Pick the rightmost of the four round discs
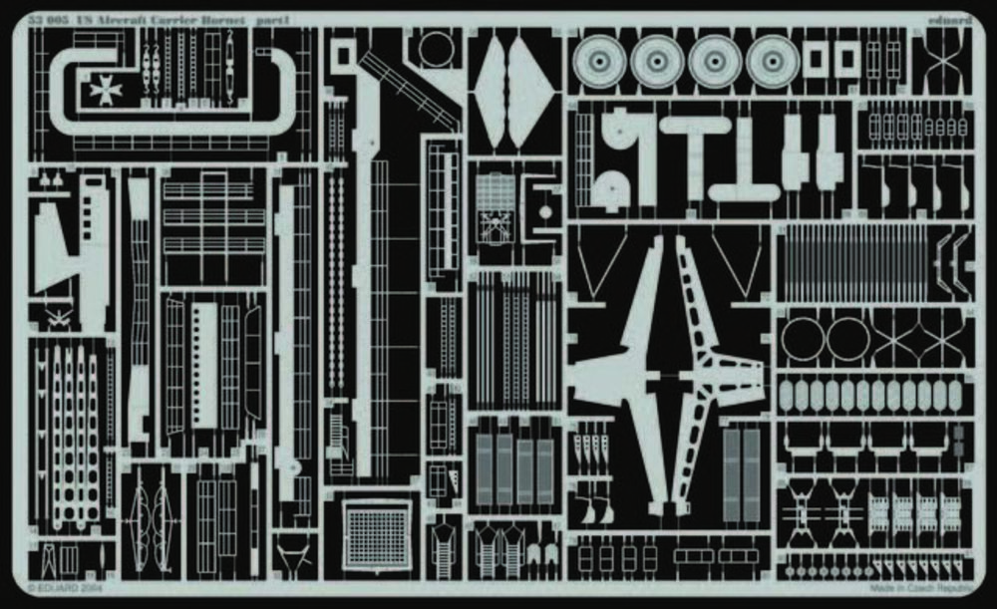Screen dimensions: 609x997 tap(773, 62)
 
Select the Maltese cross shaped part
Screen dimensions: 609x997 tap(104, 89)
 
